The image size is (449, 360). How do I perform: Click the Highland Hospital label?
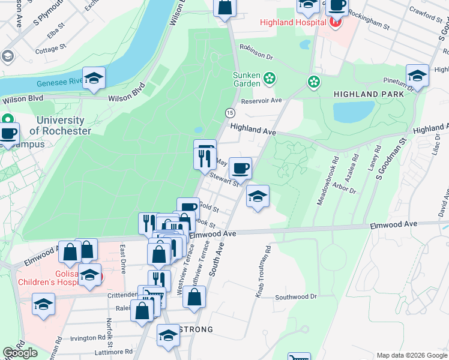293,23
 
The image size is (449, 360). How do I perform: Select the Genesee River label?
59,83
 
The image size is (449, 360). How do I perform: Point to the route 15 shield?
229,113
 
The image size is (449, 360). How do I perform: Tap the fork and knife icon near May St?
204,158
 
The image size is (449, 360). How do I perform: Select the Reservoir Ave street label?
261,100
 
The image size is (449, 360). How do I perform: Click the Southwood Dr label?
295,297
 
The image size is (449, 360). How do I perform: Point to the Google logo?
20,353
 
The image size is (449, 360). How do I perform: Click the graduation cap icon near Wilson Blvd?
94,78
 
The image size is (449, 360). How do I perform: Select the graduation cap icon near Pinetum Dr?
417,76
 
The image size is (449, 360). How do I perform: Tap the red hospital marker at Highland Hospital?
335,23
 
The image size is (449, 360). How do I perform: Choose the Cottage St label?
46,50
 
